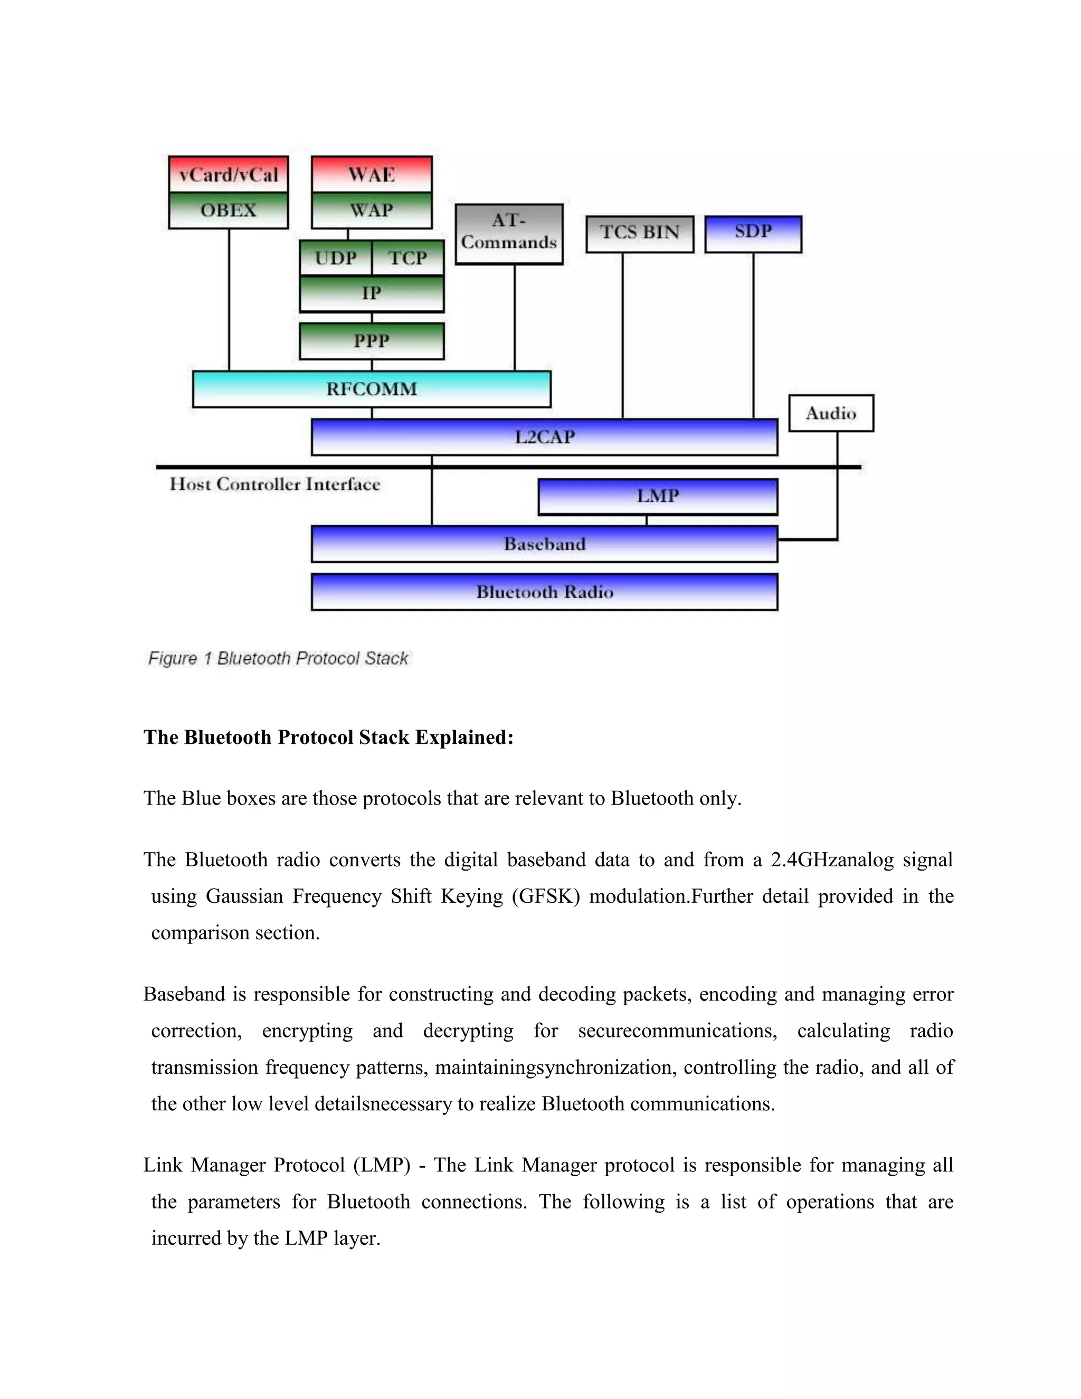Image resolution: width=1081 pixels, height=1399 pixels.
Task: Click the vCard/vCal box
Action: (228, 174)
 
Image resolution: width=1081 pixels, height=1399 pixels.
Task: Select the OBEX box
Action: (228, 210)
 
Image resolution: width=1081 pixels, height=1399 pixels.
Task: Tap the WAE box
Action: (372, 174)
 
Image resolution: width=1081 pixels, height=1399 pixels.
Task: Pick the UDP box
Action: (336, 258)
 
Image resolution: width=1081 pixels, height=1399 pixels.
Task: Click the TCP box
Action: (407, 258)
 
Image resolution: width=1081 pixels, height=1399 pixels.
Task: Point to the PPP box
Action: (372, 341)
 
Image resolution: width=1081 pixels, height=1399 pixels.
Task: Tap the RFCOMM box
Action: (372, 389)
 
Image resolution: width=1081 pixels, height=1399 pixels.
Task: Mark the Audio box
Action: (831, 413)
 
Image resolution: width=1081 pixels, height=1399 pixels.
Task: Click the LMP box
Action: (658, 496)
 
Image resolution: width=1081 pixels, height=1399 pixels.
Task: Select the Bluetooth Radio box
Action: (544, 592)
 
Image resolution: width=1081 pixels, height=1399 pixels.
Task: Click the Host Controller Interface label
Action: (274, 484)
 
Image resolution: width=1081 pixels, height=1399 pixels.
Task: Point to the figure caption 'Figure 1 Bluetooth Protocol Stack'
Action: (278, 658)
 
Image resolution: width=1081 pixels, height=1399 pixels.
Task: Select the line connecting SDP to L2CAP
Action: (753, 336)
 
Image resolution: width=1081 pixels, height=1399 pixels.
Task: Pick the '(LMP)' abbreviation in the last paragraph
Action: (382, 1165)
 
